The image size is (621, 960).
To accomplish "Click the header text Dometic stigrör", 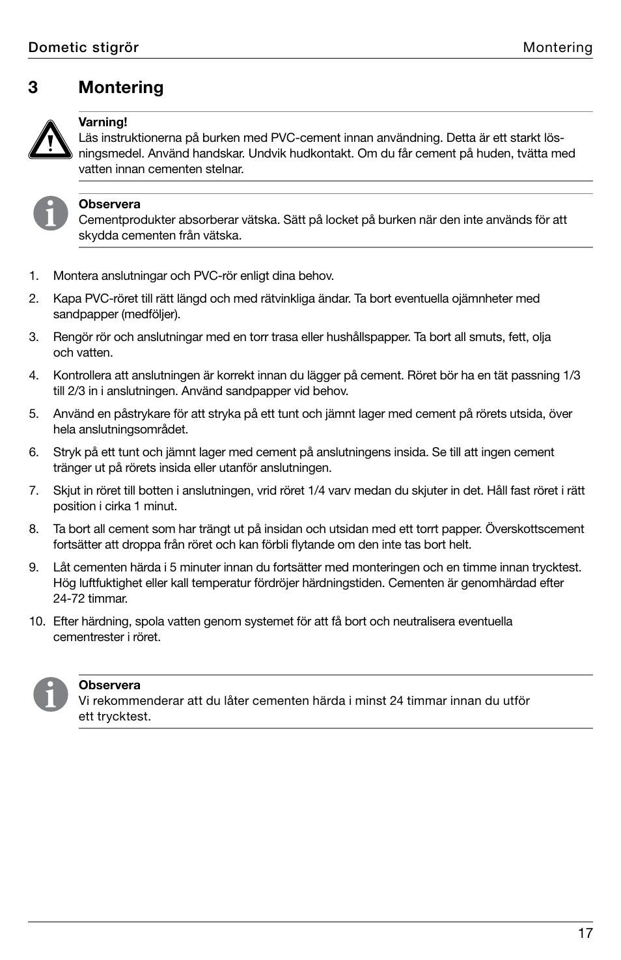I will tap(83, 48).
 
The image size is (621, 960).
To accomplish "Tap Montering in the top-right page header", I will tap(557, 48).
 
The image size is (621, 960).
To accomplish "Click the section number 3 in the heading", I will tap(33, 88).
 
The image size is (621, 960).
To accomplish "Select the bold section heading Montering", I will tap(121, 88).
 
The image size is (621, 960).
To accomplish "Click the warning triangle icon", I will tap(50, 139).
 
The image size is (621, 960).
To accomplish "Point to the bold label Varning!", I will tap(103, 122).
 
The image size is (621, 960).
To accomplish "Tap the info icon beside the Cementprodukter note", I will tap(51, 213).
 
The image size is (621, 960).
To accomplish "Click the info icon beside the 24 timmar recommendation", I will tap(51, 694).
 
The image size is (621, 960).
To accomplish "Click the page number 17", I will tap(585, 933).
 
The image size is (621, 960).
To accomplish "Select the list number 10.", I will tap(36, 622).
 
